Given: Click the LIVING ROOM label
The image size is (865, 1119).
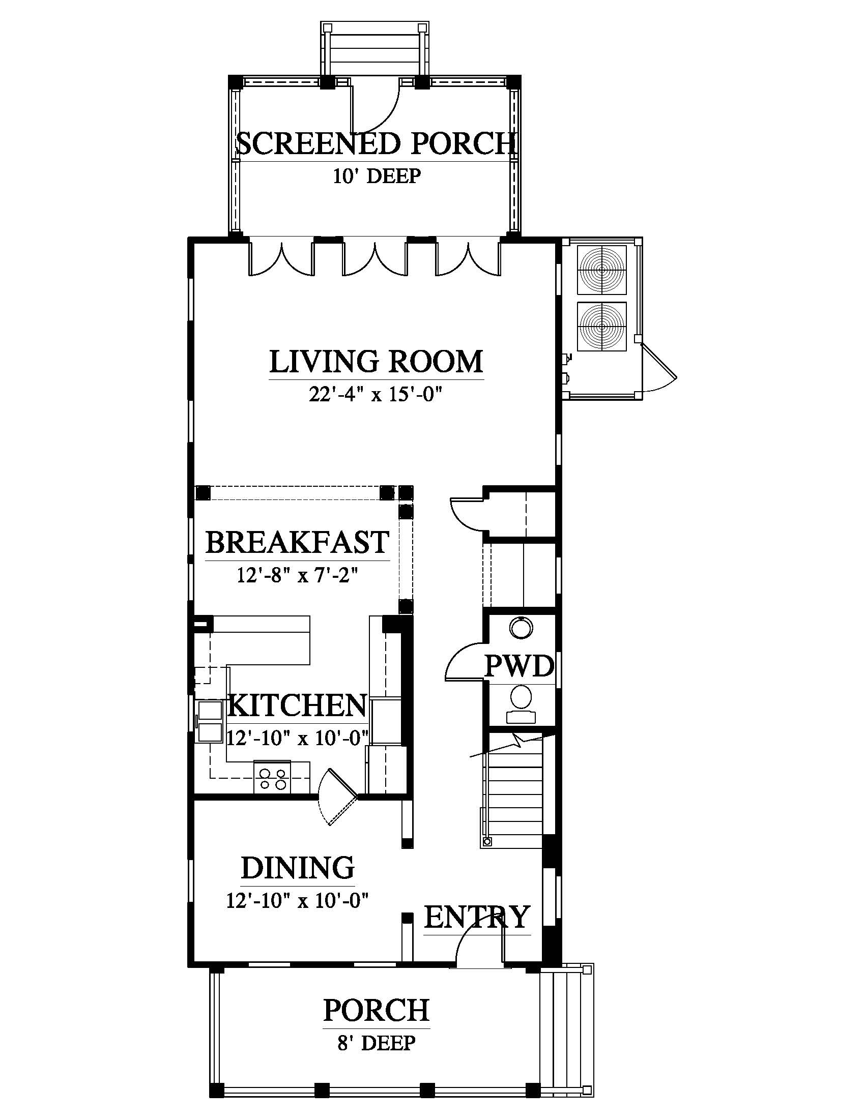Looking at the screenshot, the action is (x=376, y=361).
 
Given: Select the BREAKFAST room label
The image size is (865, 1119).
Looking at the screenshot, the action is (x=297, y=542).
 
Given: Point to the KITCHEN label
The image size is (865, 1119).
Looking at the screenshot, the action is (x=297, y=705).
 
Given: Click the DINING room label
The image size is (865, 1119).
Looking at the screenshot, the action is (x=298, y=868).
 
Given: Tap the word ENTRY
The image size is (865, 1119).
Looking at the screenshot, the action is (x=477, y=917).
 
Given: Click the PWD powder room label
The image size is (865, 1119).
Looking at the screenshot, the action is (x=520, y=666).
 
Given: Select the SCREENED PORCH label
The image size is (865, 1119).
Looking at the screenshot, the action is (x=376, y=143).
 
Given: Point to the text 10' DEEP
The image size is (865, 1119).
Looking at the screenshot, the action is (x=377, y=176).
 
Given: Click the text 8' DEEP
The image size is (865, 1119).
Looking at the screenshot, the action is (x=376, y=1042).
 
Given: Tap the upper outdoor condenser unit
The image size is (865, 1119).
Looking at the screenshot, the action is (x=601, y=270).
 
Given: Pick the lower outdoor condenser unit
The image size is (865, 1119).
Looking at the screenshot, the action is (x=601, y=327).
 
